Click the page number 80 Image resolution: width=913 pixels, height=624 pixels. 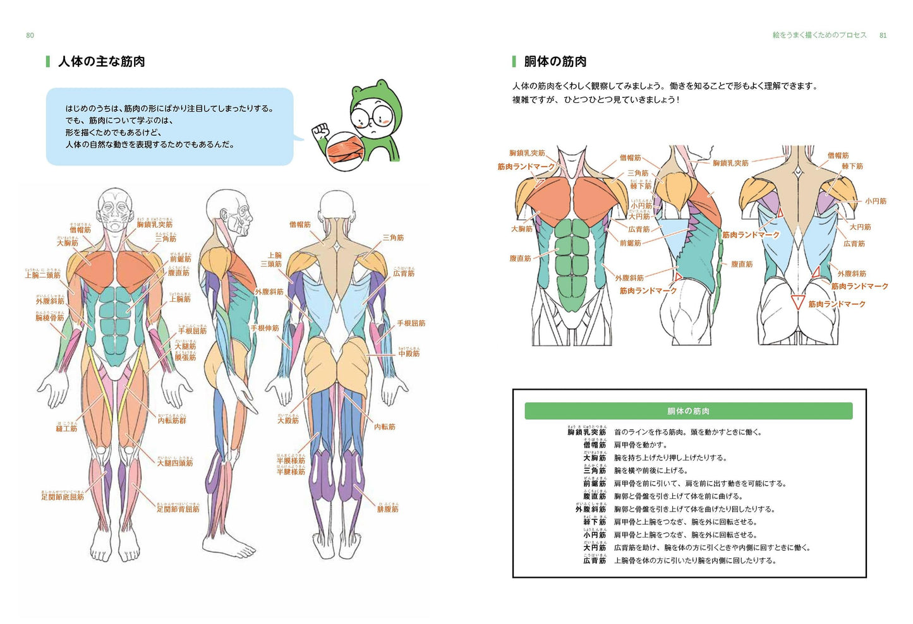point(30,35)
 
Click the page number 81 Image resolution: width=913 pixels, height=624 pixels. point(883,35)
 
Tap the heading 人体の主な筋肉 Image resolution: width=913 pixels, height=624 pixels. point(102,61)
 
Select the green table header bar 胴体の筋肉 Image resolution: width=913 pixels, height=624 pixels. point(688,411)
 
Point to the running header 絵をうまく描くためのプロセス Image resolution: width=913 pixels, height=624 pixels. point(819,35)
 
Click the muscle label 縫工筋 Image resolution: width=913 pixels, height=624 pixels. point(66,429)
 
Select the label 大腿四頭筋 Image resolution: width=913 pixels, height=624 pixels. point(175,463)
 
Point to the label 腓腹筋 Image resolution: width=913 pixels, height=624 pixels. point(387,509)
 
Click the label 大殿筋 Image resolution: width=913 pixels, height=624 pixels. point(288,421)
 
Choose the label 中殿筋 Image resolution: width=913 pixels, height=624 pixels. point(409,354)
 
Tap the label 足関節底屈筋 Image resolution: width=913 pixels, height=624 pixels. point(63,497)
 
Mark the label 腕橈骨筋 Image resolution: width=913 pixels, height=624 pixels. point(50,318)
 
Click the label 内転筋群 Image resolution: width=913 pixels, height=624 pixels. point(172,421)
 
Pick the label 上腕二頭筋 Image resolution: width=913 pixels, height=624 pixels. point(43,275)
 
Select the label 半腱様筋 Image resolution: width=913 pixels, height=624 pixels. point(291,472)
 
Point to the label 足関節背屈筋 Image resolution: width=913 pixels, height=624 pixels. point(178,509)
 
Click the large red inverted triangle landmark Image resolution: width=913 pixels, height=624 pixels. point(797,302)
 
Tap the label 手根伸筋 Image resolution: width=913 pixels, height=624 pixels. point(265,328)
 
